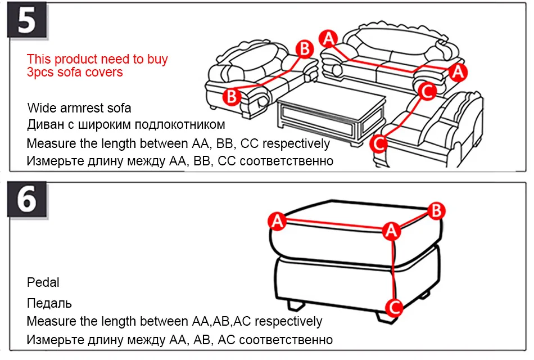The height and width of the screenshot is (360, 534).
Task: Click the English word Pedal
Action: pos(43,282)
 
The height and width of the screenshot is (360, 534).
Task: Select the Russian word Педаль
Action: pos(49,304)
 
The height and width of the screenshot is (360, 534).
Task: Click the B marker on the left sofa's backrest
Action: pos(304,49)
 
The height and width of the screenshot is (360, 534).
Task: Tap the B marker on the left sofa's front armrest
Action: pos(231,96)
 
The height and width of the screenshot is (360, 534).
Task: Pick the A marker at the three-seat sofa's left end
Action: pos(328,38)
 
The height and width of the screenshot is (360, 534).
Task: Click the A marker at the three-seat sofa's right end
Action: pos(459,71)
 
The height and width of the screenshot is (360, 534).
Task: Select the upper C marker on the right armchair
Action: pos(427,90)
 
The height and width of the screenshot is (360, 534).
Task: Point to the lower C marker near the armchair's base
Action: pos(380,144)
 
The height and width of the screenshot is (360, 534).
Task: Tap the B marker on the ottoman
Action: pos(437,211)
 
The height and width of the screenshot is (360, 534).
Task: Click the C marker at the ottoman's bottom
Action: pos(395,307)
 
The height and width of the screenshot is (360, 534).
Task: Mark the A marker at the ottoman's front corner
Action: pos(391,229)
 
